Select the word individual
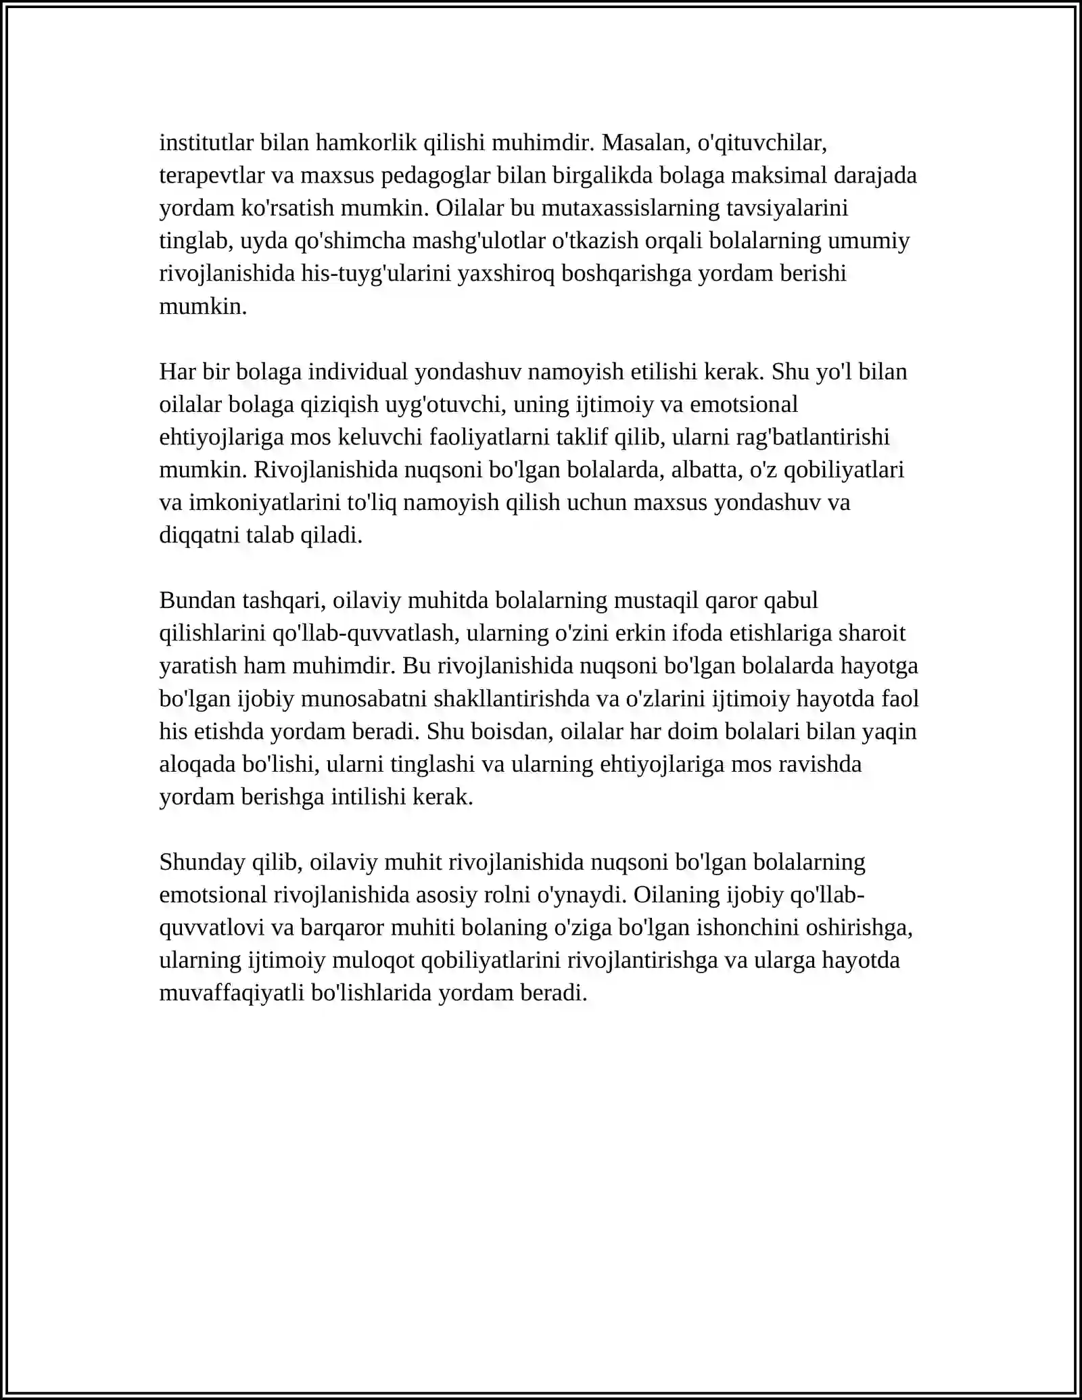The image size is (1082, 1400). pyautogui.click(x=358, y=371)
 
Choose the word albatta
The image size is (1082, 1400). pyautogui.click(x=708, y=469)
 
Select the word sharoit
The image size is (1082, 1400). pyautogui.click(x=872, y=633)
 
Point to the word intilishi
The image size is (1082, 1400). pyautogui.click(x=369, y=797)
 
